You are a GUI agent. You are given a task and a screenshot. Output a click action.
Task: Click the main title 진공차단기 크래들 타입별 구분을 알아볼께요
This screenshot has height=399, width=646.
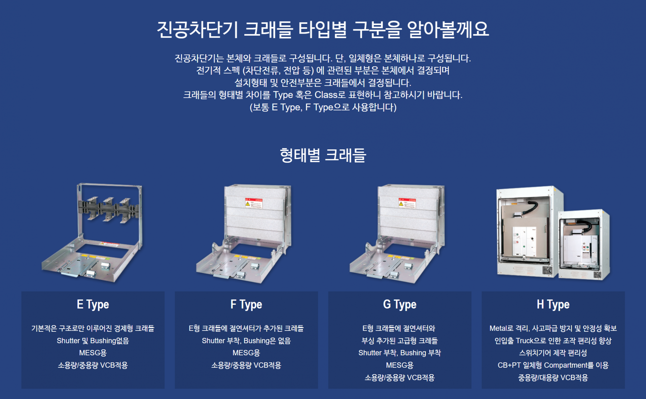tap(323, 30)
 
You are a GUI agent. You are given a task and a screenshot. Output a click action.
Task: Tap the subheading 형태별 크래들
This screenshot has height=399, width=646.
tap(323, 155)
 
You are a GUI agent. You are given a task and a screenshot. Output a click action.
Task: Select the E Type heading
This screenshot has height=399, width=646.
tap(93, 304)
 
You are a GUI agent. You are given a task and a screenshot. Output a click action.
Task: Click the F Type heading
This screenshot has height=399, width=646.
tap(246, 304)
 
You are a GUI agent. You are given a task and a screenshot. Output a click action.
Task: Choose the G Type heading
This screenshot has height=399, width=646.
tap(400, 304)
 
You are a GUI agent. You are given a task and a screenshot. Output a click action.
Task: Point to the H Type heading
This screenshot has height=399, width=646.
tap(553, 304)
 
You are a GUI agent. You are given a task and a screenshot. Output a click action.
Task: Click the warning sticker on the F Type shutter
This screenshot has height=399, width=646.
tap(253, 203)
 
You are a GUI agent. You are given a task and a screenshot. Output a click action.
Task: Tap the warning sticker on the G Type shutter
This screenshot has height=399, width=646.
tap(407, 203)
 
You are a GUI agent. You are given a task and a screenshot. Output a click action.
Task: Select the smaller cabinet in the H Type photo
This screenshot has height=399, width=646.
tap(584, 246)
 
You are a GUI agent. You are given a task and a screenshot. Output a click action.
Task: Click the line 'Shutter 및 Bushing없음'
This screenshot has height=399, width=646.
tap(93, 341)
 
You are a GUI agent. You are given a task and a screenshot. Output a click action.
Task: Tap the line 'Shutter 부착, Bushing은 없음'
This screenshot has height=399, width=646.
tap(246, 341)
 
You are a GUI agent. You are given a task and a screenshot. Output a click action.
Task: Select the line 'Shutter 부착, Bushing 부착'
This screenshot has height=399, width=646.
tap(400, 353)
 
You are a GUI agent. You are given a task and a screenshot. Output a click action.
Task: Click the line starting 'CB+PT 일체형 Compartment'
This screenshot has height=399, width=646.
tap(553, 365)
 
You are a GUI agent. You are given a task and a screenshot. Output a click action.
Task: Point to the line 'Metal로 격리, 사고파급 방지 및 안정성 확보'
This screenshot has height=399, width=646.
tap(553, 328)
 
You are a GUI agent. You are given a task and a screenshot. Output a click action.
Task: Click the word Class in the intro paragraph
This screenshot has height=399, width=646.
tap(325, 95)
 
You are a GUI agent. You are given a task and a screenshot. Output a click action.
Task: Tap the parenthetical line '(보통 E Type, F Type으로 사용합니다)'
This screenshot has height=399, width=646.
tap(323, 107)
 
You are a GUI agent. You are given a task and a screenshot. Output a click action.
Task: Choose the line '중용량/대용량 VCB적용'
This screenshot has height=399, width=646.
tap(553, 378)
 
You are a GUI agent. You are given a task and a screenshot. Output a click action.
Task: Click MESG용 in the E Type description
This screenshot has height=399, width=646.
tap(93, 353)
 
